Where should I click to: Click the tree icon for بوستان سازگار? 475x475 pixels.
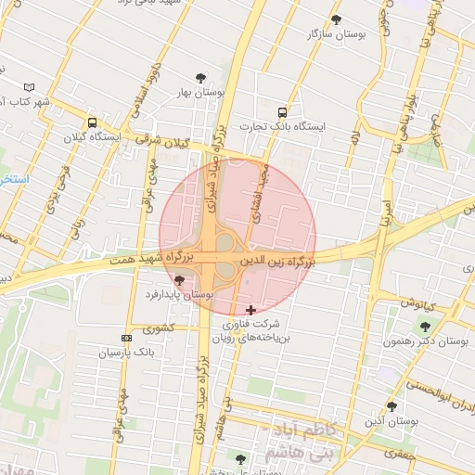pos(336,19)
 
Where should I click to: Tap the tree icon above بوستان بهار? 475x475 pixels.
pos(200,78)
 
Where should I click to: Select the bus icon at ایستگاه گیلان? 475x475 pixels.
pos(92,122)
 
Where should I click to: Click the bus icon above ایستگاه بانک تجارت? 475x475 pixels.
pos(282,111)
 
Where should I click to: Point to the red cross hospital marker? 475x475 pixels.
pos(250,309)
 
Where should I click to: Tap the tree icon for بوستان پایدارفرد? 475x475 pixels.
pos(179,280)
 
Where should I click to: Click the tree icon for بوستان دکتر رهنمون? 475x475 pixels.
pos(425,327)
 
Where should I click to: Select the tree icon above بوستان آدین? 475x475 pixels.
pos(392,405)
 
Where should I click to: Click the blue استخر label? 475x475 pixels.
pos(13,177)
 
